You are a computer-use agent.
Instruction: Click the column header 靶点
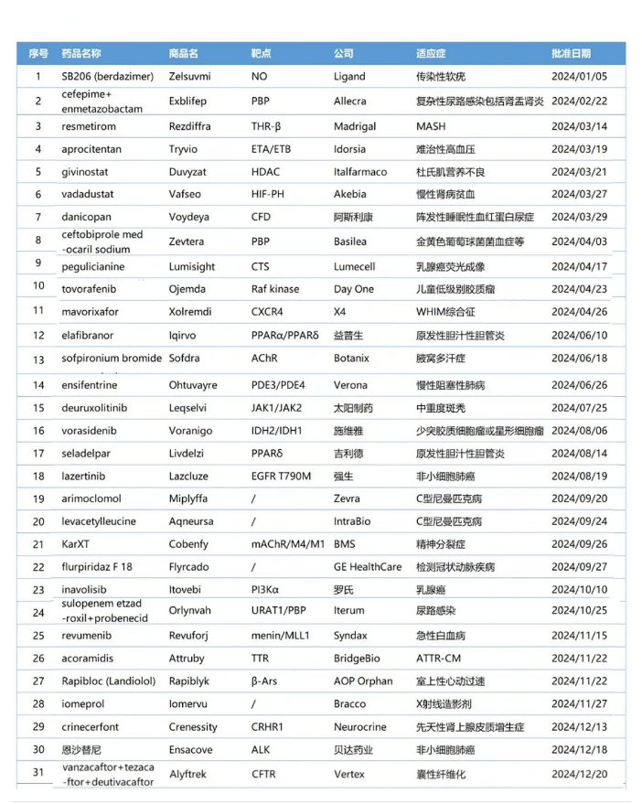tap(261, 53)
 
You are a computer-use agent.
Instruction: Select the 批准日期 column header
tap(571, 53)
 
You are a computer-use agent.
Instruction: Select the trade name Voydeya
tap(190, 217)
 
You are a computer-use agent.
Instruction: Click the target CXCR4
tap(268, 311)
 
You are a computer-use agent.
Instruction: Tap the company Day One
tap(354, 289)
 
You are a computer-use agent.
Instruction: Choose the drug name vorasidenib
tap(92, 430)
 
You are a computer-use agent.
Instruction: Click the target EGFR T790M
tap(282, 476)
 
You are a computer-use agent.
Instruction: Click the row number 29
tap(38, 726)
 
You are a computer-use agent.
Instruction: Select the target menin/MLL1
tap(281, 635)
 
